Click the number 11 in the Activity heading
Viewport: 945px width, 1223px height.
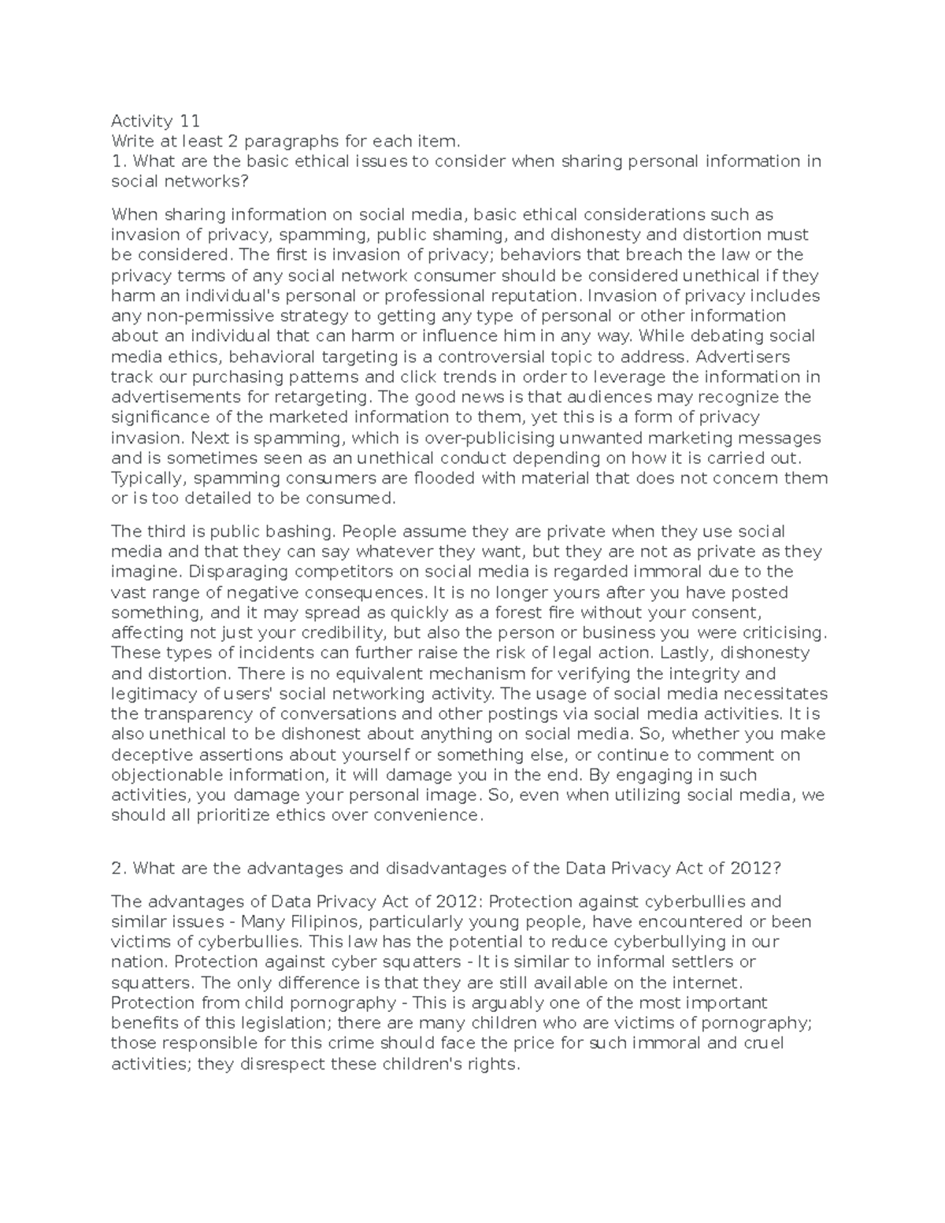pos(189,121)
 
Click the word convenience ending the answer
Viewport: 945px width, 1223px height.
pos(429,816)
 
